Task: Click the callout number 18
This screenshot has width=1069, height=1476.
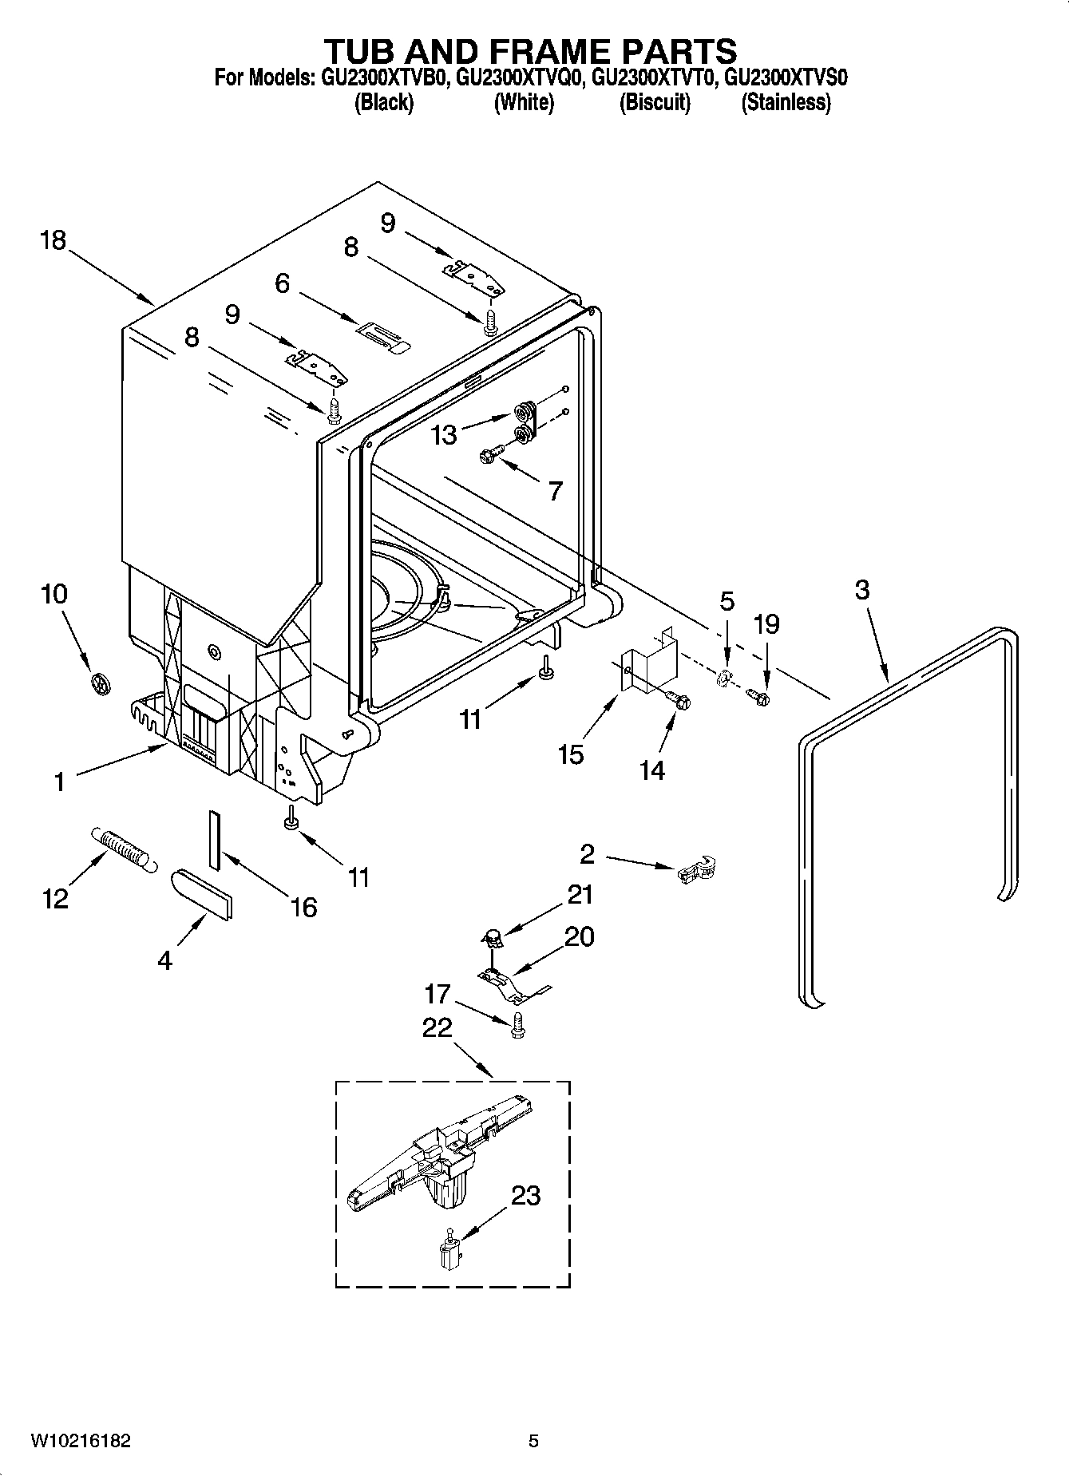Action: (53, 240)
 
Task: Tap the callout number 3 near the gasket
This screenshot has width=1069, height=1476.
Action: (861, 591)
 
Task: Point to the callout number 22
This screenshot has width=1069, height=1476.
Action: (437, 1027)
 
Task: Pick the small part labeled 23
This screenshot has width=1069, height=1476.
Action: (449, 1249)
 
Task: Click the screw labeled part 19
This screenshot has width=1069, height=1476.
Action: (758, 698)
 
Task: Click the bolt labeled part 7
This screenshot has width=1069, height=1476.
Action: (489, 454)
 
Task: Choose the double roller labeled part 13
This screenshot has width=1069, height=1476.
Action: (524, 422)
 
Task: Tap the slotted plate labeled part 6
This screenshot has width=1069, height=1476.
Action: (382, 335)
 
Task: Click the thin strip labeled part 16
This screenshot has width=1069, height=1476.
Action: (214, 840)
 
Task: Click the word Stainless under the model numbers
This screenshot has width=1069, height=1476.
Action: (786, 102)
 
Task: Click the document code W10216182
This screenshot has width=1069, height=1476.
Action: (81, 1440)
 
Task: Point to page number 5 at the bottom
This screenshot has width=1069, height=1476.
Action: (533, 1440)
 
